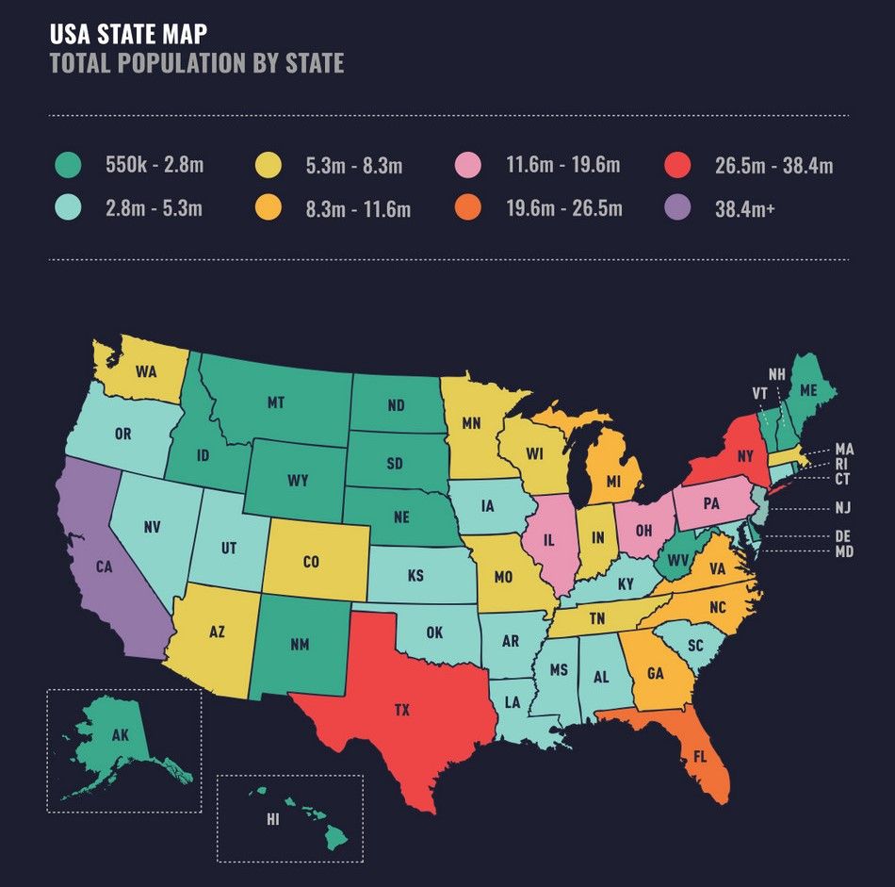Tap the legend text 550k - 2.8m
[x=155, y=166]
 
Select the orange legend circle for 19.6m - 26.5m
[x=468, y=208]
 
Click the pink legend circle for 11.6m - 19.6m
[x=468, y=166]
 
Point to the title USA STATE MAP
[x=128, y=34]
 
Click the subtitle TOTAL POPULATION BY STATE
[x=196, y=63]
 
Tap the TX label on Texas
[x=402, y=710]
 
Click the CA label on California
[x=104, y=567]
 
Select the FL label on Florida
[x=699, y=756]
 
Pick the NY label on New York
[x=745, y=455]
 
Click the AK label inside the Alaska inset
[x=120, y=736]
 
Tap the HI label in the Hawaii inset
[x=272, y=819]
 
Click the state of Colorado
[x=312, y=562]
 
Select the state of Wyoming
[x=298, y=481]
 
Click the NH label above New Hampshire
[x=776, y=374]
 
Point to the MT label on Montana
[x=275, y=402]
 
